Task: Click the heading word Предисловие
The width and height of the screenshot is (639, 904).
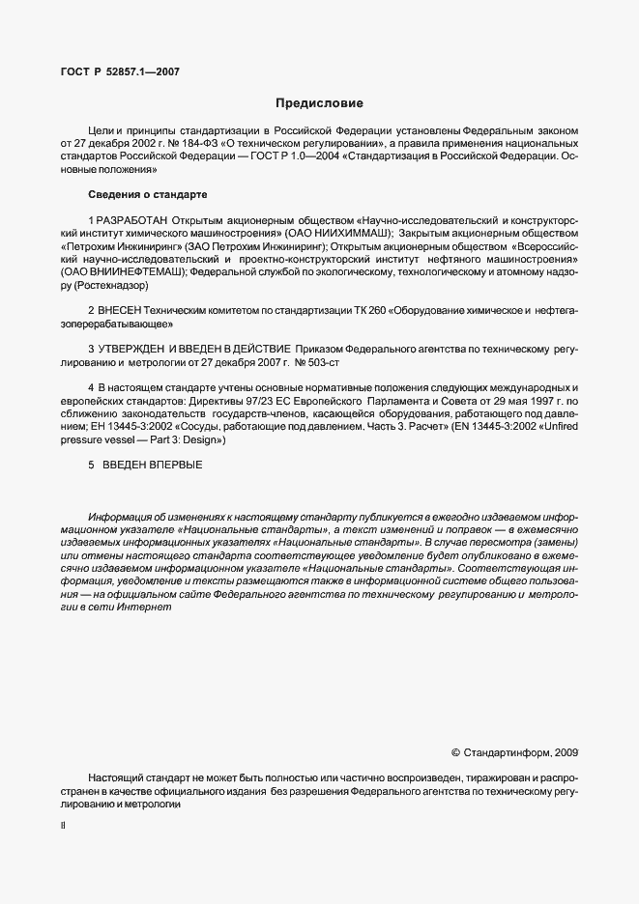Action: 318,102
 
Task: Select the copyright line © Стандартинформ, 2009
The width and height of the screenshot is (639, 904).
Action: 514,751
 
